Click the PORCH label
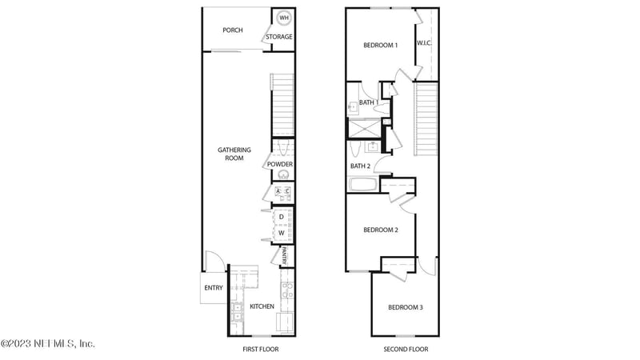233,30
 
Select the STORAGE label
279,37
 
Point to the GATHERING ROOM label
234,154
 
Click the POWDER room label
280,165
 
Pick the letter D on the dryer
281,217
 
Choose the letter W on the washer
281,233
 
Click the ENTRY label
214,288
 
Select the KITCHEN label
262,306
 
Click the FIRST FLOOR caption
261,350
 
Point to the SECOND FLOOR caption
407,350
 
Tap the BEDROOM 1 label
380,46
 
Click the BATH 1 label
368,102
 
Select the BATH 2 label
360,166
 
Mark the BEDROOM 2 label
381,230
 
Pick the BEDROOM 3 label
406,308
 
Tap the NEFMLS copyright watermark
48,343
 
